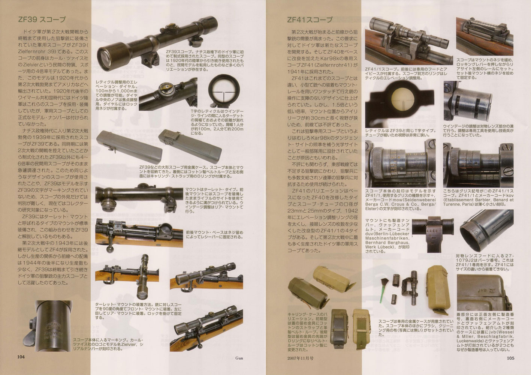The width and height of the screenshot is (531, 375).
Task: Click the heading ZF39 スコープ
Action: pos(42,20)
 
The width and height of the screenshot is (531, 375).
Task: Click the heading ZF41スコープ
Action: pos(310,20)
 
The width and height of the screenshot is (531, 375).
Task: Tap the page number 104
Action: pos(19,367)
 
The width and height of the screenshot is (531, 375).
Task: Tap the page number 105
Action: pos(512,367)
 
